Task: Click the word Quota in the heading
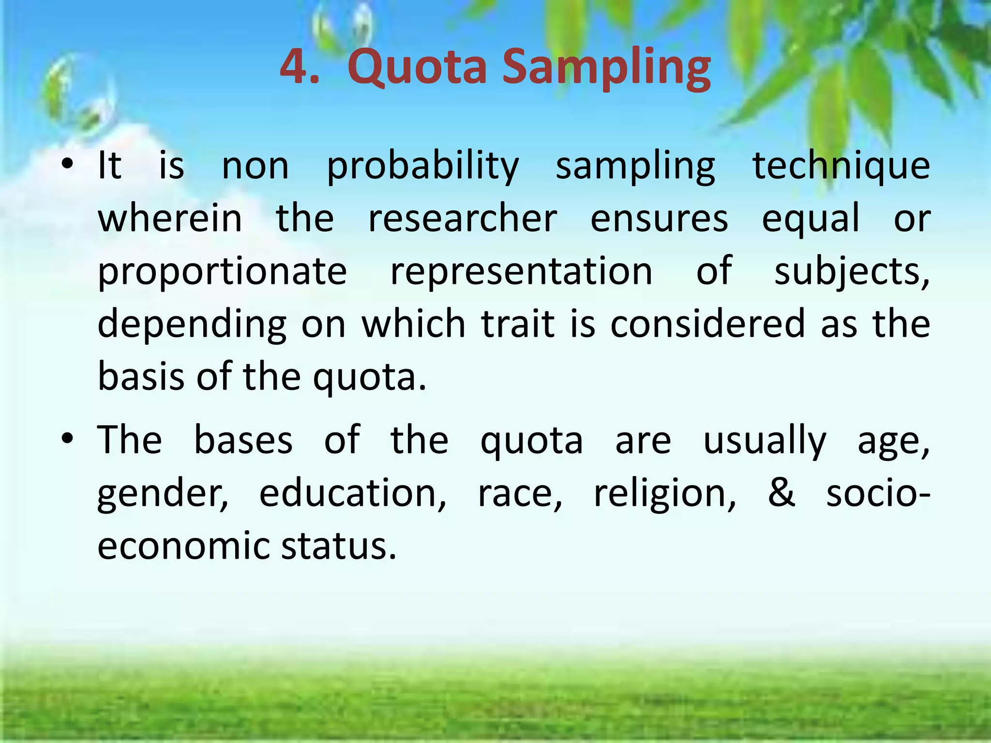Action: [x=417, y=68]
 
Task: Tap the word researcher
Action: [x=463, y=219]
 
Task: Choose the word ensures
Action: [x=659, y=219]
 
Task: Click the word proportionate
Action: [x=223, y=272]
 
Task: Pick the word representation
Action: [x=521, y=272]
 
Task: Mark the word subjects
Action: [x=852, y=272]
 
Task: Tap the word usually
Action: [x=765, y=441]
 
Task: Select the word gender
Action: [x=163, y=494]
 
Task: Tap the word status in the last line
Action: [x=338, y=546]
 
